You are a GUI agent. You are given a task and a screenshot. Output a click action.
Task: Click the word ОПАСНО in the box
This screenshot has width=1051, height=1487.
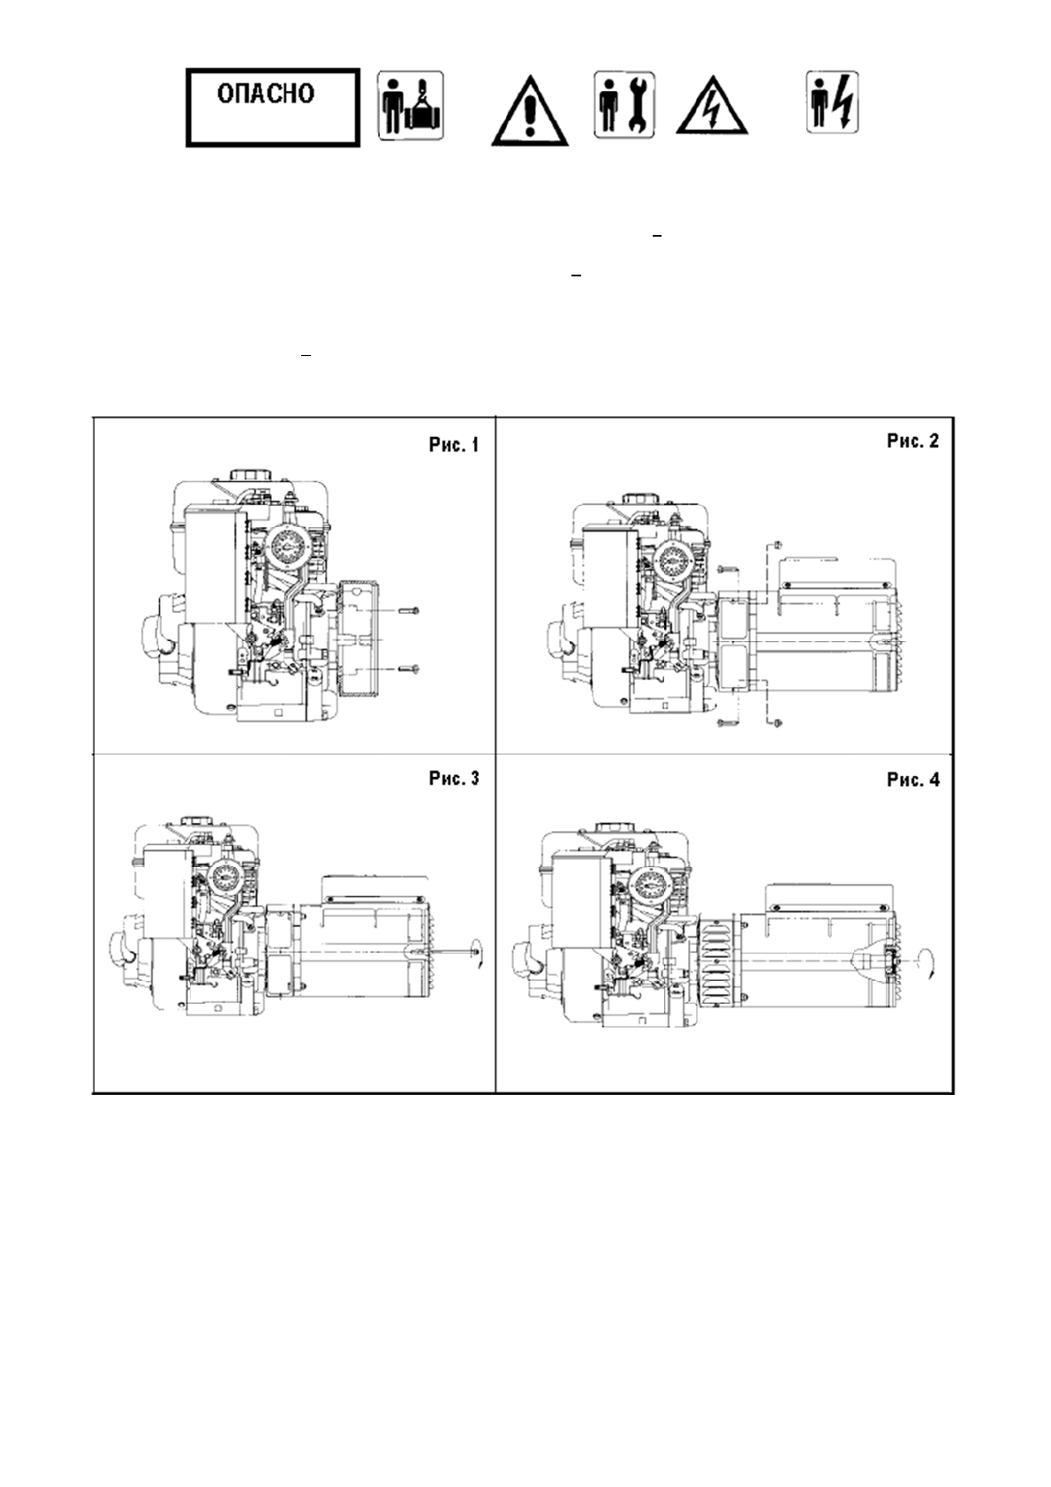266,94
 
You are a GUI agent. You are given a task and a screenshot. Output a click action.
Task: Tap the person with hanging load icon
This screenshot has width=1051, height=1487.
411,106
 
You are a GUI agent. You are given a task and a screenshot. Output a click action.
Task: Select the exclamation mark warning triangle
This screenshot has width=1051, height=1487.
529,111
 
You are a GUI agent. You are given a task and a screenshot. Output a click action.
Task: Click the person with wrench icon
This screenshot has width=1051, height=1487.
624,105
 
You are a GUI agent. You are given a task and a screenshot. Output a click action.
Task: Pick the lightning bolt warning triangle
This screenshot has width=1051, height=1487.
712,109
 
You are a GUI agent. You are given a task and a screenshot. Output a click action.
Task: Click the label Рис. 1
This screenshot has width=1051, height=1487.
453,445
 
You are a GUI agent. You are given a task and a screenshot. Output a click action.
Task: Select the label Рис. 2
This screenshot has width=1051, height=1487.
913,442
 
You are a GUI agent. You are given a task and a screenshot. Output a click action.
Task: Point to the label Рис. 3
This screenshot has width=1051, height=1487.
453,778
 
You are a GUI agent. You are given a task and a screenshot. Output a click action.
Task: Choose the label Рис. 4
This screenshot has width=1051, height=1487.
913,780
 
